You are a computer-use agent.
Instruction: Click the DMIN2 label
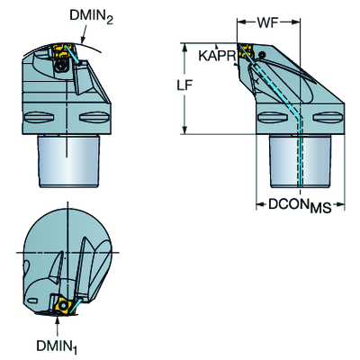[x=91, y=17]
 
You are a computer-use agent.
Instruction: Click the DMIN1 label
[x=58, y=346]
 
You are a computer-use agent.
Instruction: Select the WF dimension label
[x=268, y=22]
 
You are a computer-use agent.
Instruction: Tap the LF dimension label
[x=184, y=85]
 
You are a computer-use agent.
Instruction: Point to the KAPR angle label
[x=217, y=56]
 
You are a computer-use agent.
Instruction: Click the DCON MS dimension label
[x=300, y=206]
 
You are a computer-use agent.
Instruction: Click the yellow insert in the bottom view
[x=63, y=305]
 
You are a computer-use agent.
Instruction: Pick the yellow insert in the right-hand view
[x=246, y=51]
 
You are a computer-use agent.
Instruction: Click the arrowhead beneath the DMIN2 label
[x=83, y=39]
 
